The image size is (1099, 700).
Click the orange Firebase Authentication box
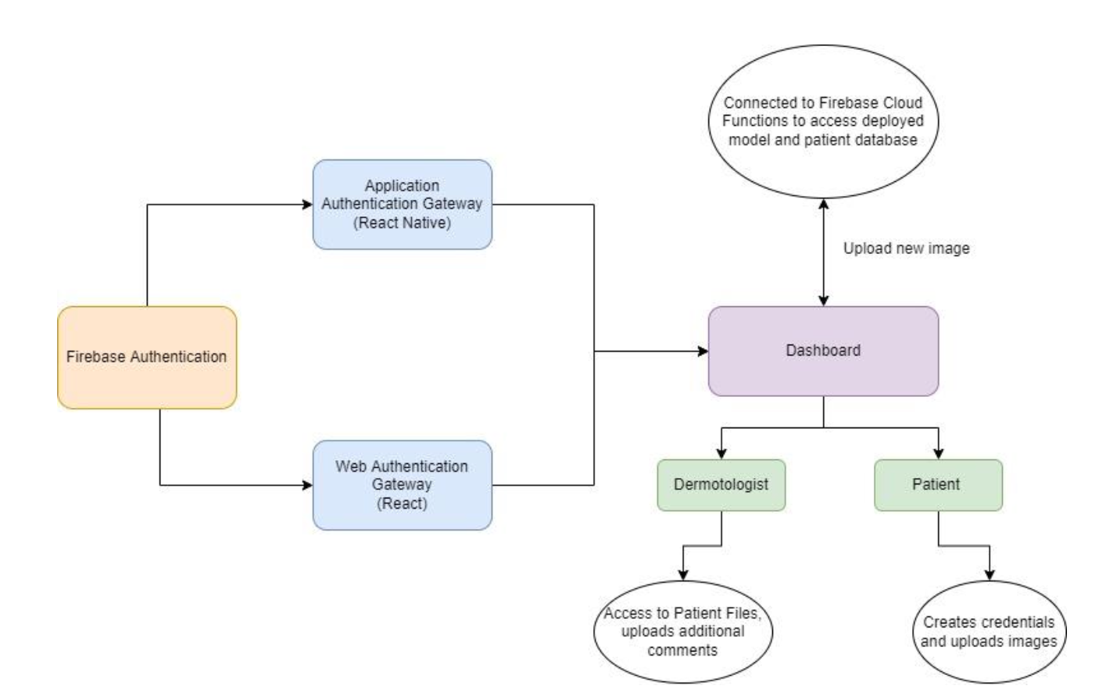(x=147, y=357)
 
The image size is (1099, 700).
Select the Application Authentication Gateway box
(x=402, y=204)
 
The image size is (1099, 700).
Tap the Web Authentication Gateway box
(x=402, y=484)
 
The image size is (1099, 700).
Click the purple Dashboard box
(x=823, y=351)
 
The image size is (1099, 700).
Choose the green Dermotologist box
(x=721, y=484)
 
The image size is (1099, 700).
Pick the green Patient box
(x=937, y=484)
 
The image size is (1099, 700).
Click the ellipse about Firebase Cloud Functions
(x=822, y=121)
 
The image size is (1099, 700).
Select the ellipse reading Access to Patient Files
(x=682, y=631)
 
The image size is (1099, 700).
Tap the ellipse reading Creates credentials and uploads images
(x=989, y=632)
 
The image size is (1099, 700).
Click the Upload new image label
(x=906, y=248)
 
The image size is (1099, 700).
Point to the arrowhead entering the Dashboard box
(x=703, y=352)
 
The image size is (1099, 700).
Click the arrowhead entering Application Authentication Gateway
(x=307, y=205)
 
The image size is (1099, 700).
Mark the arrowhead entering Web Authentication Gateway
(x=307, y=485)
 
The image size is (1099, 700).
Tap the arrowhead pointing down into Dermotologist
(x=721, y=453)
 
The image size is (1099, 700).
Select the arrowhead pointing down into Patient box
(x=939, y=453)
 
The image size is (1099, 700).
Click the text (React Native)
(x=402, y=223)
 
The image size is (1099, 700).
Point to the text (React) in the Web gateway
(x=402, y=503)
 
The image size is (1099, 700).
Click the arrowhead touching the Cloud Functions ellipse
(x=823, y=205)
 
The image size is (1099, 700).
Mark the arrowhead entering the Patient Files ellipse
(x=683, y=575)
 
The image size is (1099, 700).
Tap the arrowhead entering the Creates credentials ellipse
(x=990, y=575)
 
